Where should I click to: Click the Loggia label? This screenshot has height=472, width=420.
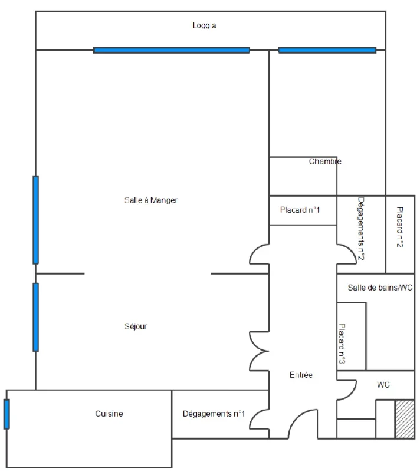(204, 25)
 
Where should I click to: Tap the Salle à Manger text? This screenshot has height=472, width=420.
(151, 200)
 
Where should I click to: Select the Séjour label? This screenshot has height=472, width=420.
(136, 326)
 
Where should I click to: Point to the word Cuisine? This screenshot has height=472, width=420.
(109, 414)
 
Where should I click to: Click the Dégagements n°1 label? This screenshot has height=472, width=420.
(214, 414)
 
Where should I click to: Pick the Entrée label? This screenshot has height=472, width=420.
(301, 375)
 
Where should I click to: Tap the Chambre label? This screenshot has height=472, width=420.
(325, 161)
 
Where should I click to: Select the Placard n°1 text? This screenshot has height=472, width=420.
(300, 210)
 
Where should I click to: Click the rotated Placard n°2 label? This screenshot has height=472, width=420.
(400, 227)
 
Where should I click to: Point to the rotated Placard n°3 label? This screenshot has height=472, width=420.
(342, 344)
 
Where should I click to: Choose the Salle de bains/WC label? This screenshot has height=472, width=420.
(380, 288)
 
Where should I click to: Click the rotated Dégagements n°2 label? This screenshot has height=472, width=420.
(361, 229)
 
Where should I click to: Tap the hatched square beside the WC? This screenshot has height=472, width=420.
(405, 419)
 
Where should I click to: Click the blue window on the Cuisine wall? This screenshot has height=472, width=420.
(6, 414)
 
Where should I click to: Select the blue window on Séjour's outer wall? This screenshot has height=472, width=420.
(35, 317)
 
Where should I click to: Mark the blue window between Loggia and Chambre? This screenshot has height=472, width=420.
(327, 50)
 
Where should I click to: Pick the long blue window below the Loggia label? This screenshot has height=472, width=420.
(172, 50)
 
